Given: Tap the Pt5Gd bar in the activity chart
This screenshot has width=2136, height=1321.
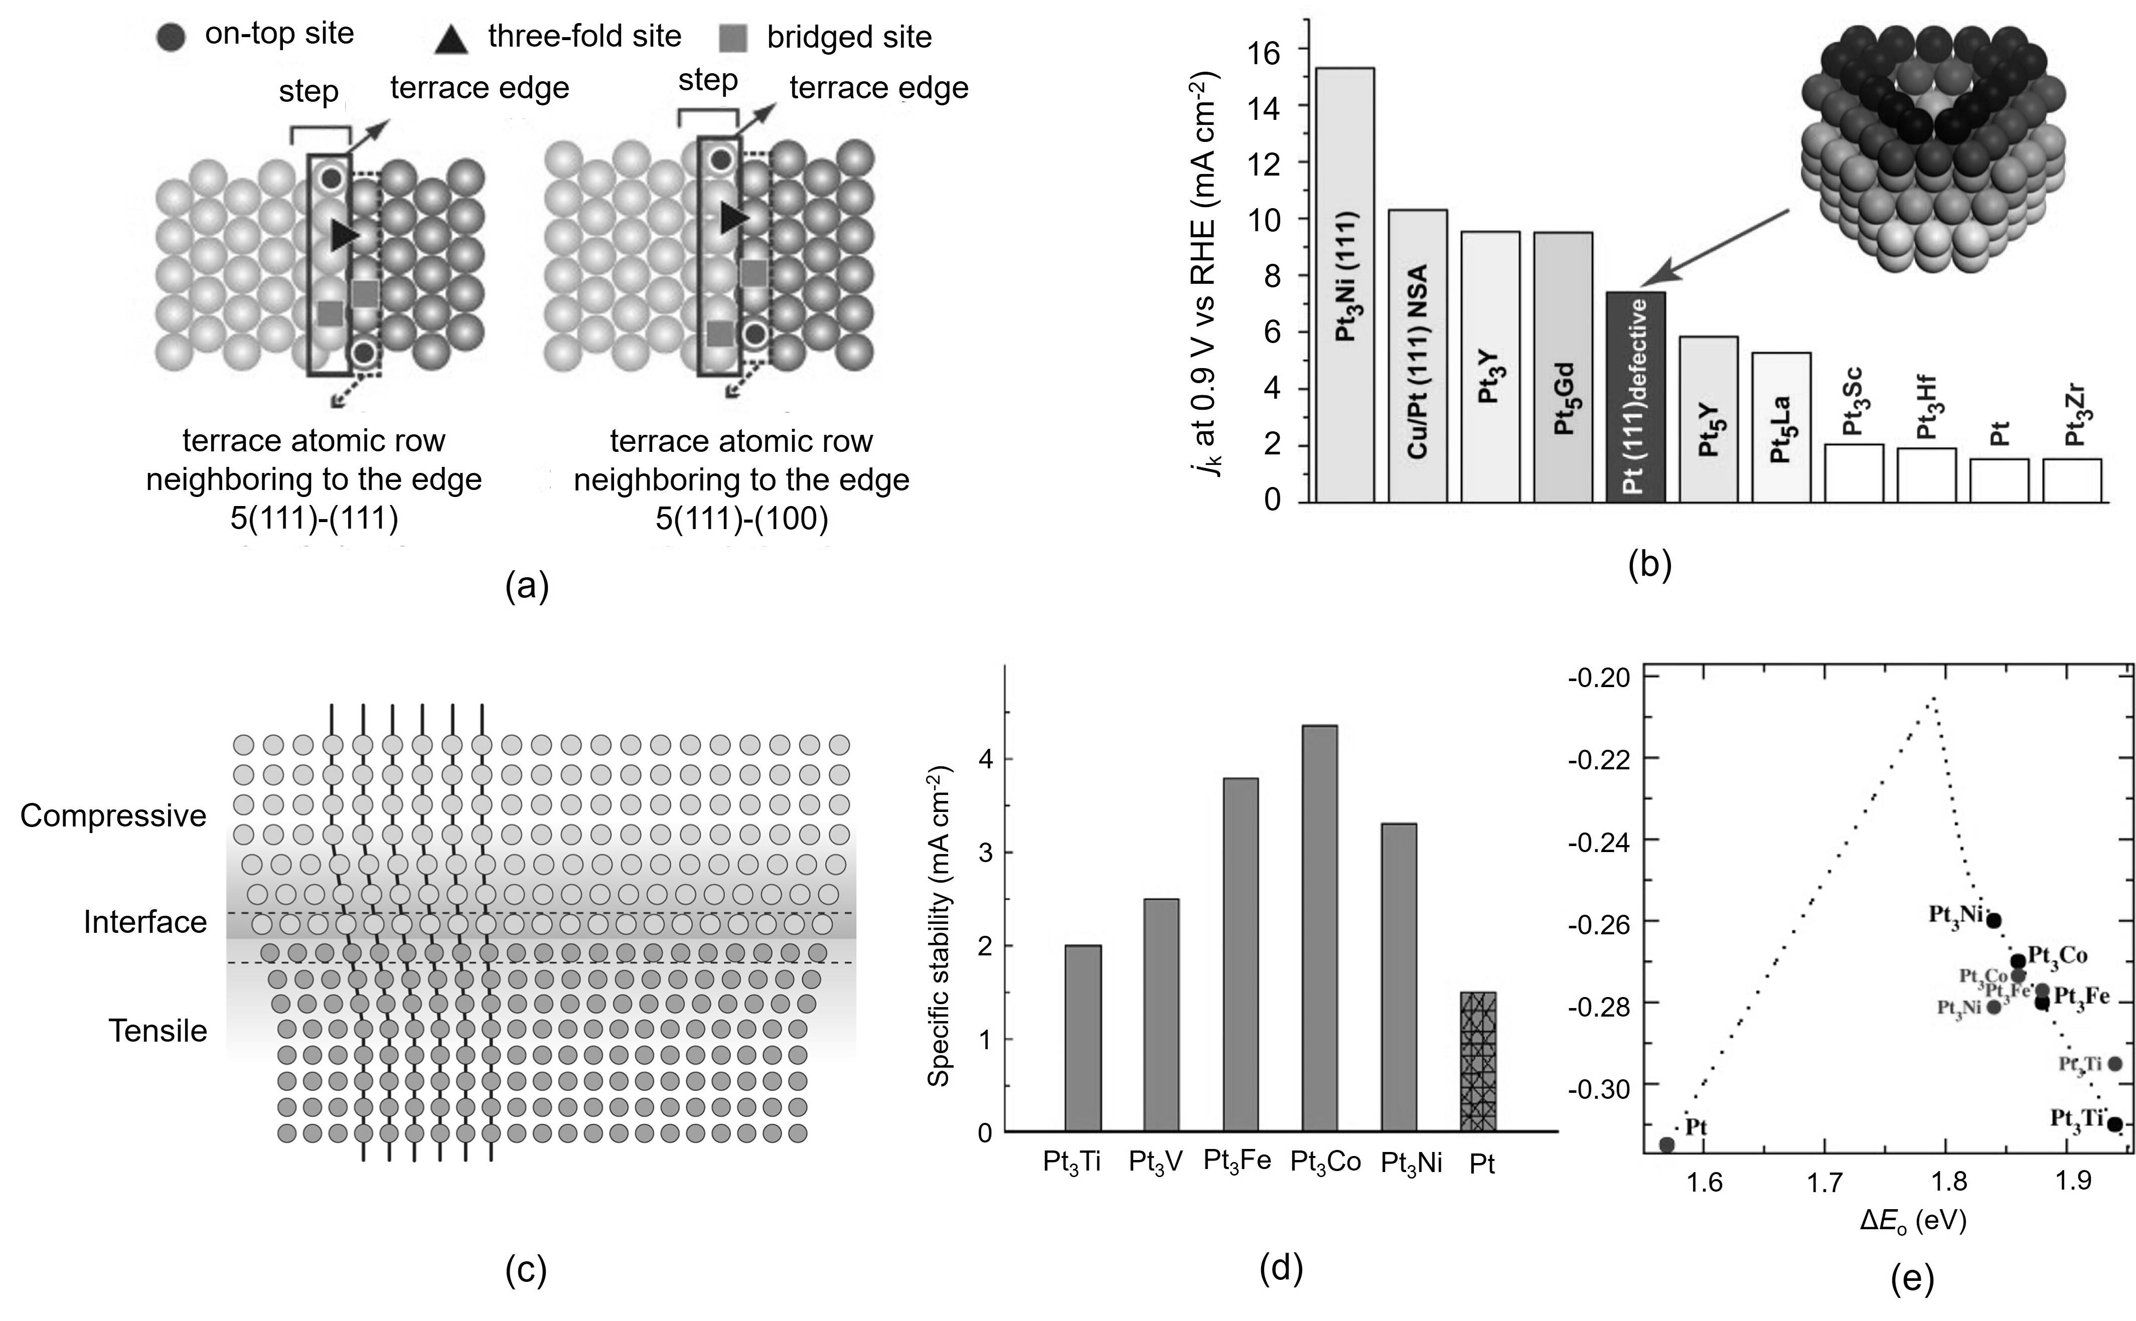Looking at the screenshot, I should coord(1563,367).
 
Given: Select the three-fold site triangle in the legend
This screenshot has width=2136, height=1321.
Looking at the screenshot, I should coord(451,39).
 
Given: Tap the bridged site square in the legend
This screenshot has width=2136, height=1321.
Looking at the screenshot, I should coord(734,38).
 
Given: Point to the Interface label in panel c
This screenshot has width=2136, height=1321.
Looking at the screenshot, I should coord(145,922).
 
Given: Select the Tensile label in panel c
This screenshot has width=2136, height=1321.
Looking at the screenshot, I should coord(158,1031).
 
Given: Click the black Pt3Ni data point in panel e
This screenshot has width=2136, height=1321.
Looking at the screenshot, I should coord(1994,920).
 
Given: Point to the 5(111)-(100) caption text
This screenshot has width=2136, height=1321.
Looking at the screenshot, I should coord(742,519).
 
